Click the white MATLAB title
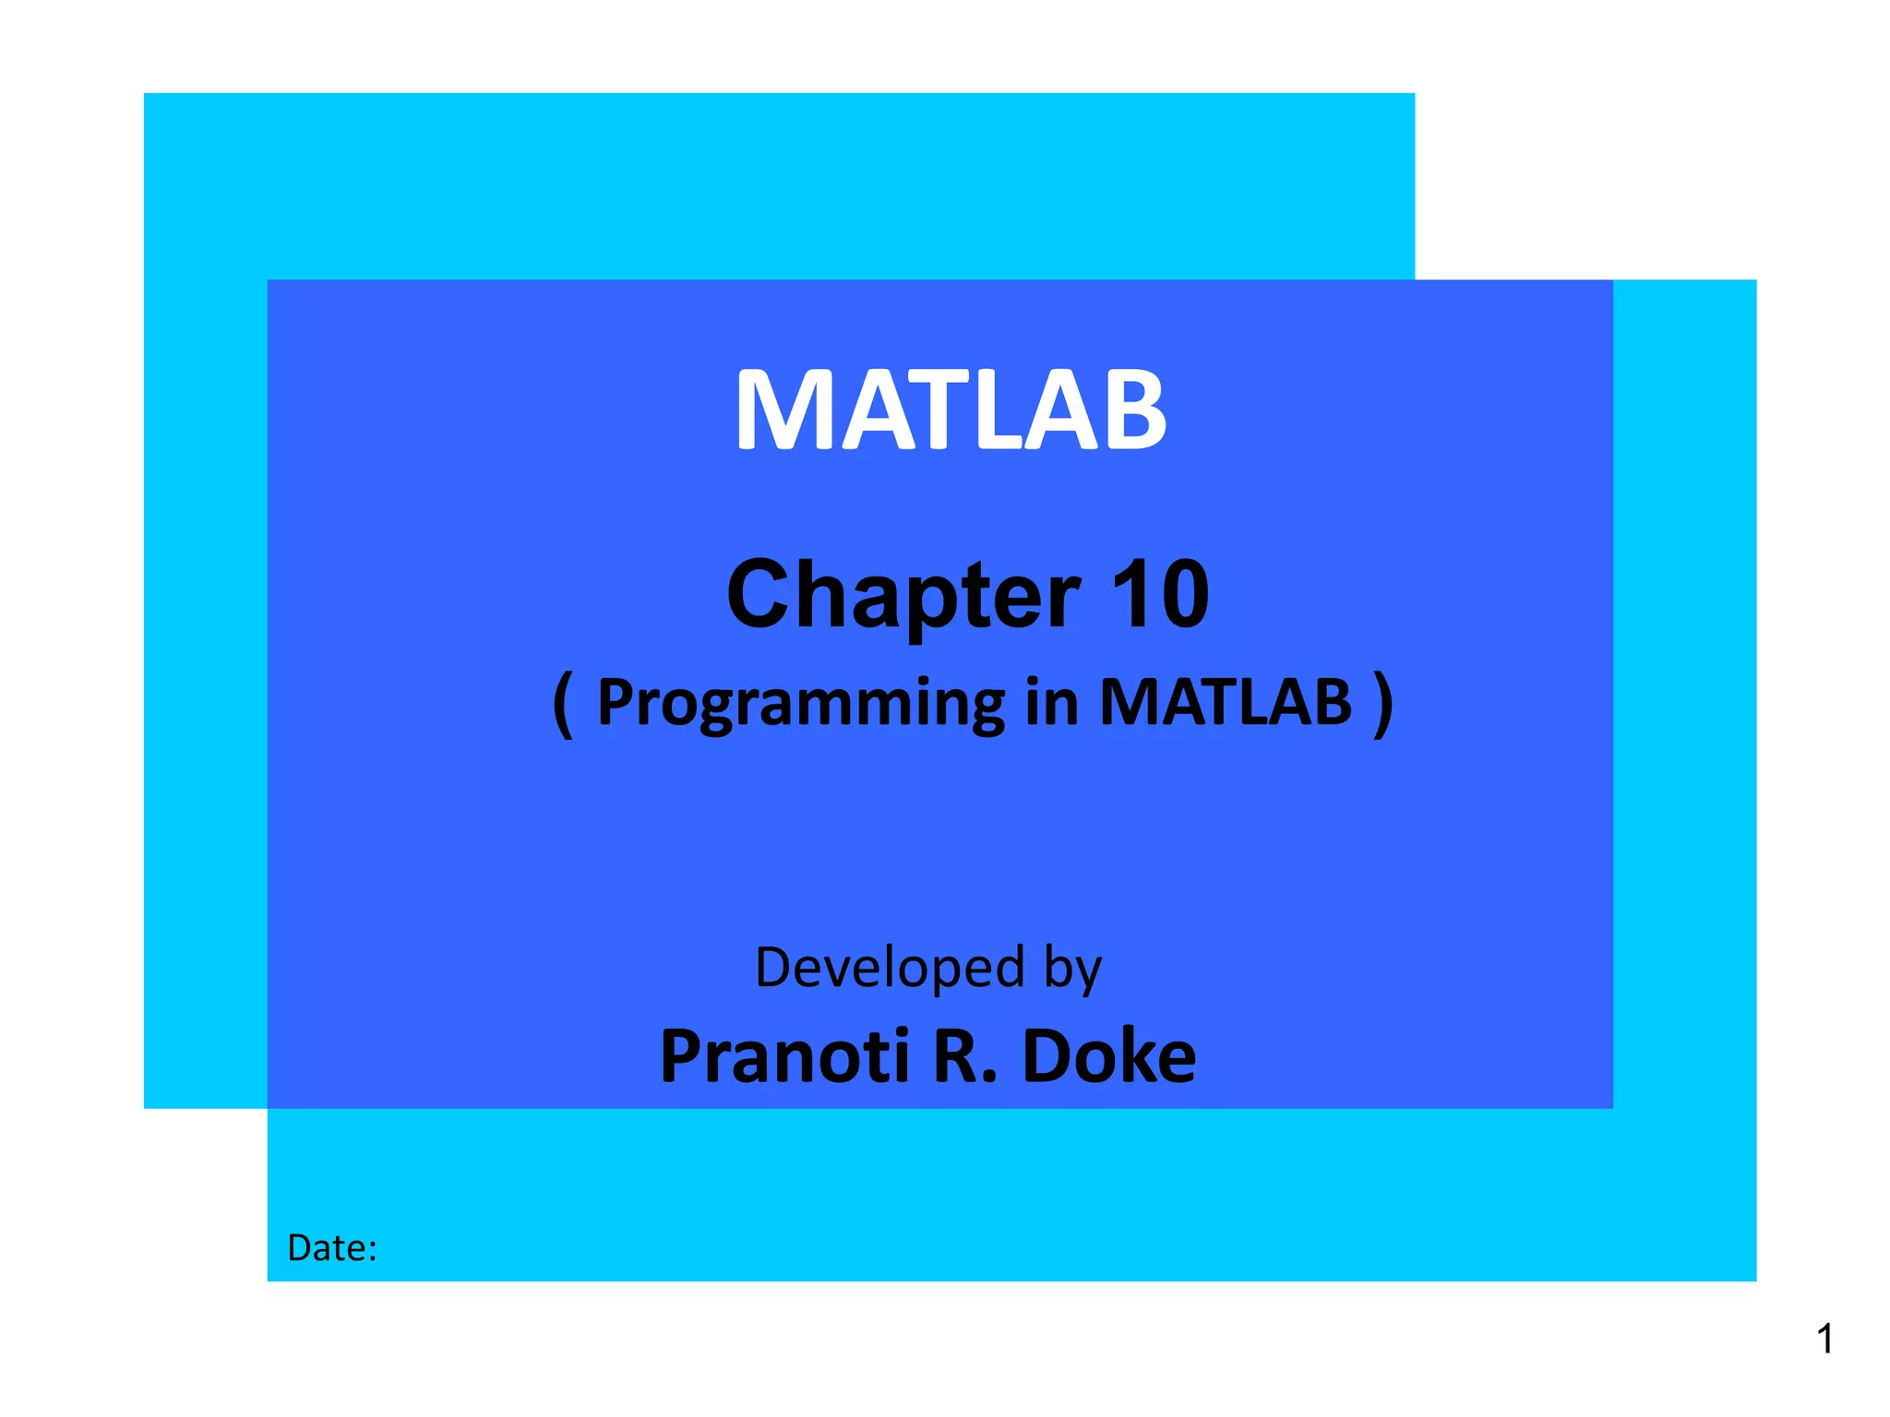point(951,410)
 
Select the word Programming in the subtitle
point(800,704)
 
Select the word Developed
point(890,968)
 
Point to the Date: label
point(332,1248)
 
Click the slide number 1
point(1824,1339)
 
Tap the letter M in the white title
point(783,410)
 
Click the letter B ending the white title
point(1136,410)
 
